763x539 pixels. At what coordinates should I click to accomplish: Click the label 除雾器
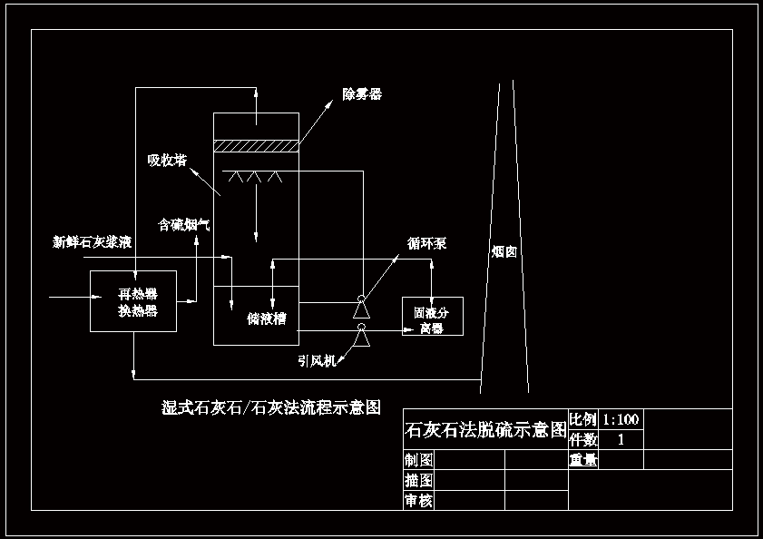pyautogui.click(x=361, y=94)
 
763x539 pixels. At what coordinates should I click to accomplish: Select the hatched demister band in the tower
pyautogui.click(x=255, y=145)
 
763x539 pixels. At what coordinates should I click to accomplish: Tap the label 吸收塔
pyautogui.click(x=167, y=161)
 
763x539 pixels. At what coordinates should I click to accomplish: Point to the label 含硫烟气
pyautogui.click(x=184, y=223)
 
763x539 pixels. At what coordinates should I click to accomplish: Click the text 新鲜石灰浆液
pyautogui.click(x=93, y=242)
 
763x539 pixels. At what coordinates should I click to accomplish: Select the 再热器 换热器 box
pyautogui.click(x=132, y=301)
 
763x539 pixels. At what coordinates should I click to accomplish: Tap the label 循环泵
pyautogui.click(x=426, y=244)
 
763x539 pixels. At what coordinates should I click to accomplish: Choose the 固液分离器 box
pyautogui.click(x=432, y=316)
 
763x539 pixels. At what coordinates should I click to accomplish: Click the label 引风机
pyautogui.click(x=317, y=360)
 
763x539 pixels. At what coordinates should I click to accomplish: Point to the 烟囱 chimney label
pyautogui.click(x=504, y=252)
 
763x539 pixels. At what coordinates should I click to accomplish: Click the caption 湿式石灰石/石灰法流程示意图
pyautogui.click(x=269, y=407)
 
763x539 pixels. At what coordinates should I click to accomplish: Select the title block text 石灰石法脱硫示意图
pyautogui.click(x=485, y=429)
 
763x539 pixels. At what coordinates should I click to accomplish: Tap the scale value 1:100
pyautogui.click(x=621, y=419)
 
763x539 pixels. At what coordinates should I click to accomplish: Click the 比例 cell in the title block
pyautogui.click(x=583, y=419)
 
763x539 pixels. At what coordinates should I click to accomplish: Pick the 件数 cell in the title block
pyautogui.click(x=583, y=439)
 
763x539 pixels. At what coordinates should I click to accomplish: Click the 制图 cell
pyautogui.click(x=419, y=460)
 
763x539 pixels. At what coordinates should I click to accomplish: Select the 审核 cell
pyautogui.click(x=419, y=500)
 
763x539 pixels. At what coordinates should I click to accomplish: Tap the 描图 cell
pyautogui.click(x=419, y=480)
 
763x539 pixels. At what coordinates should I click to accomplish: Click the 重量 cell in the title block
pyautogui.click(x=583, y=460)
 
